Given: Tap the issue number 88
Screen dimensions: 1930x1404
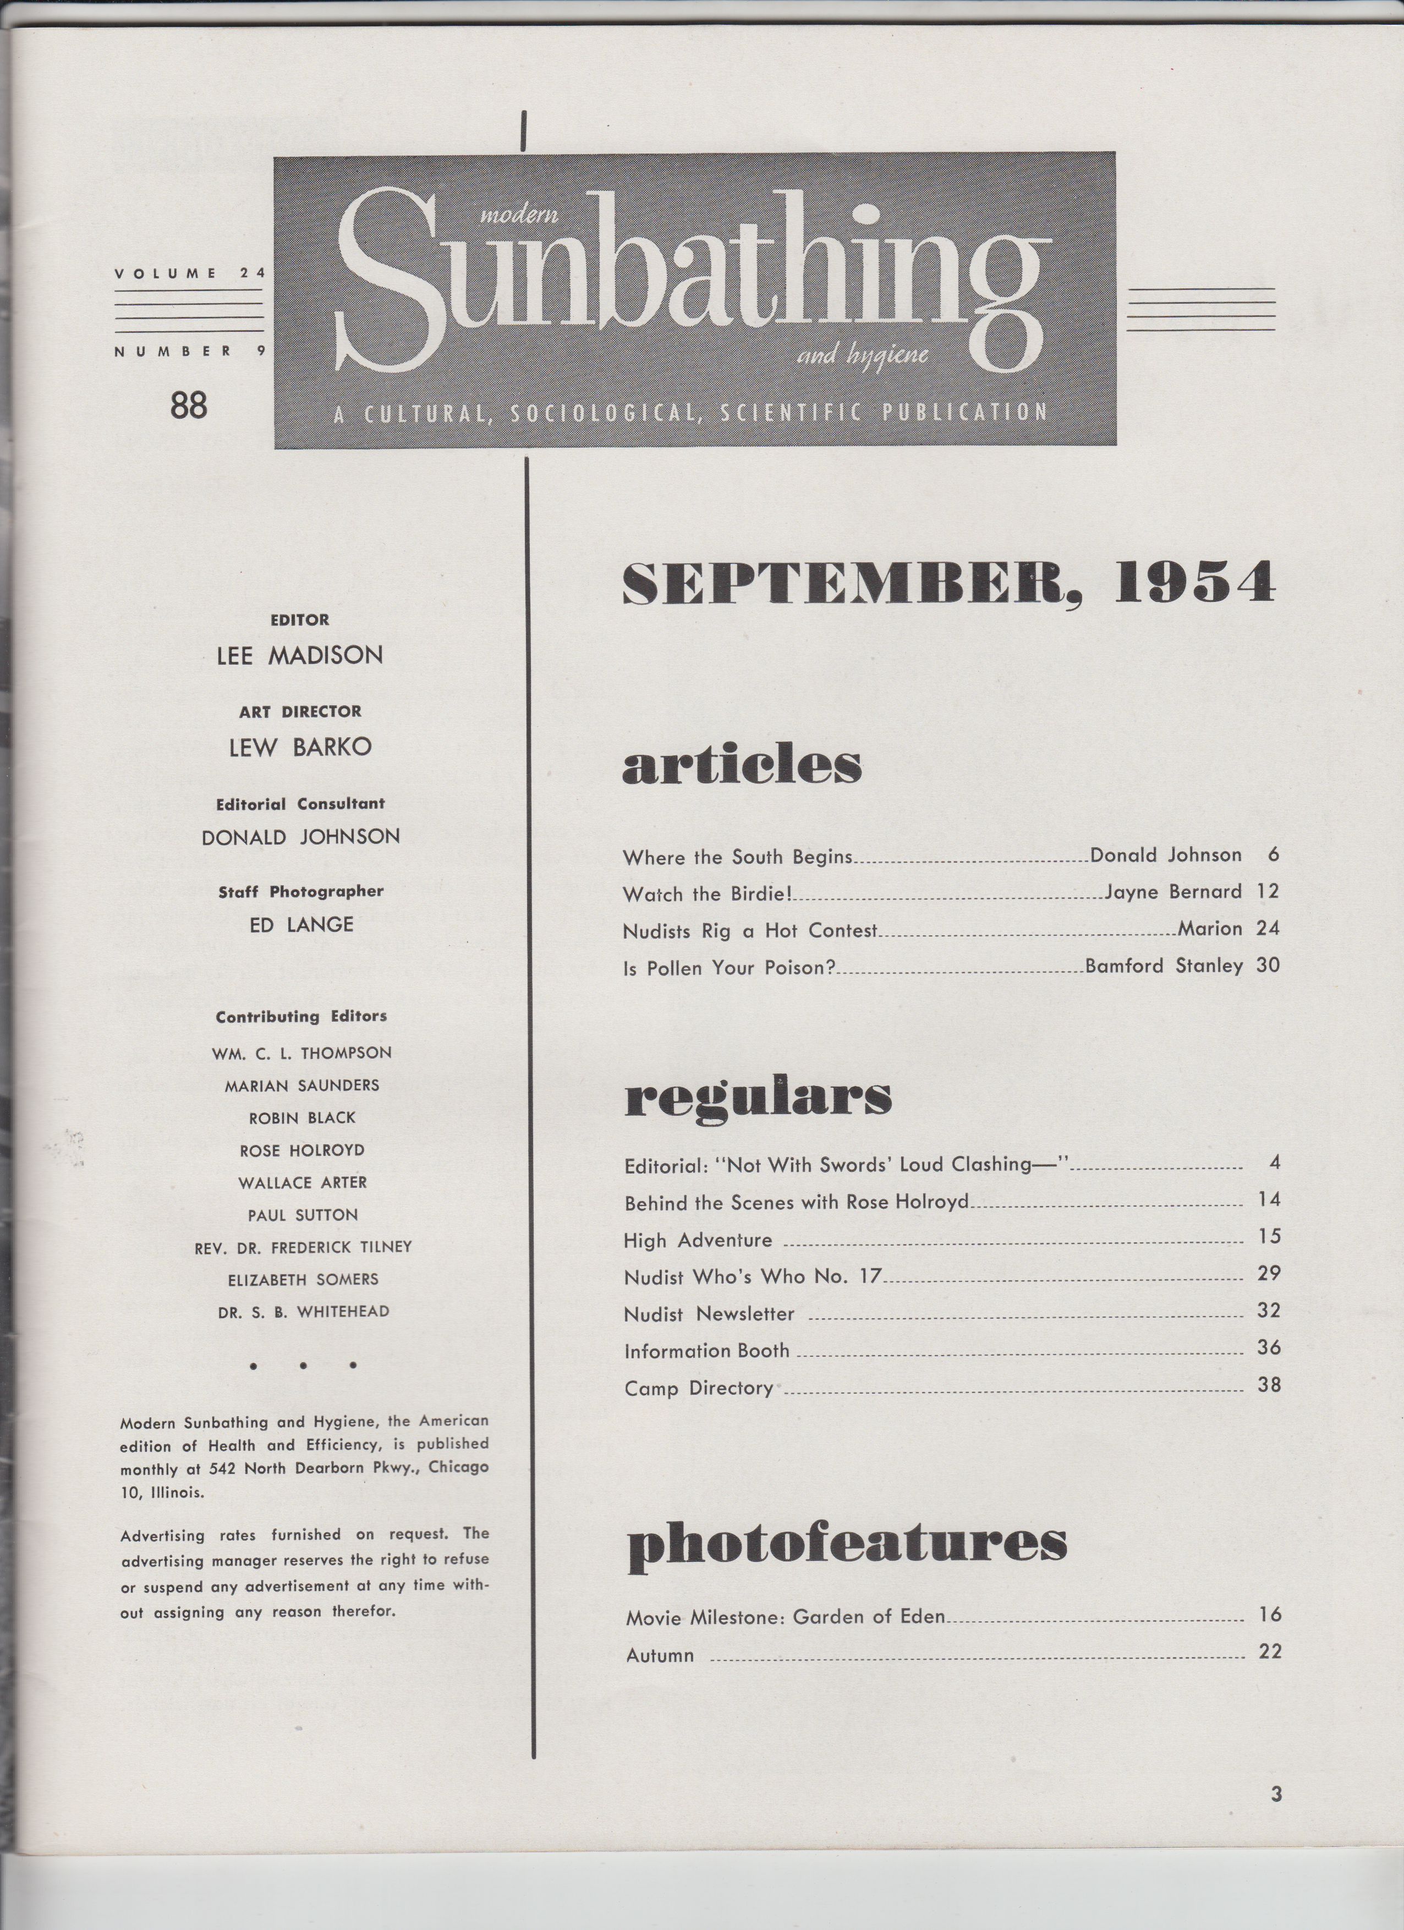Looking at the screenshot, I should pos(188,405).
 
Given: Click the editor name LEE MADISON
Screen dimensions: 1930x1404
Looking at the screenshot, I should pos(299,655).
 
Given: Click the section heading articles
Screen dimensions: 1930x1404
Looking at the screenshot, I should pos(742,766).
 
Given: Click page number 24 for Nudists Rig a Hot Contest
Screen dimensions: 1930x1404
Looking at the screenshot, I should pos(1267,928).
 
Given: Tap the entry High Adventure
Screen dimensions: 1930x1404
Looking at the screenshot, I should pos(698,1241).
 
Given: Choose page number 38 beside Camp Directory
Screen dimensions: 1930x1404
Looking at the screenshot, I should pos(1269,1385).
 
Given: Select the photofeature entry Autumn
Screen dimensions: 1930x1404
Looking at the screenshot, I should pos(660,1655).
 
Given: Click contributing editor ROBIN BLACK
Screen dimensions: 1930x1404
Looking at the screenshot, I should pos(302,1118).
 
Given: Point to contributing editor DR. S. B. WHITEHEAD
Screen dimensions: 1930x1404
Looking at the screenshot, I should pos(303,1312).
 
